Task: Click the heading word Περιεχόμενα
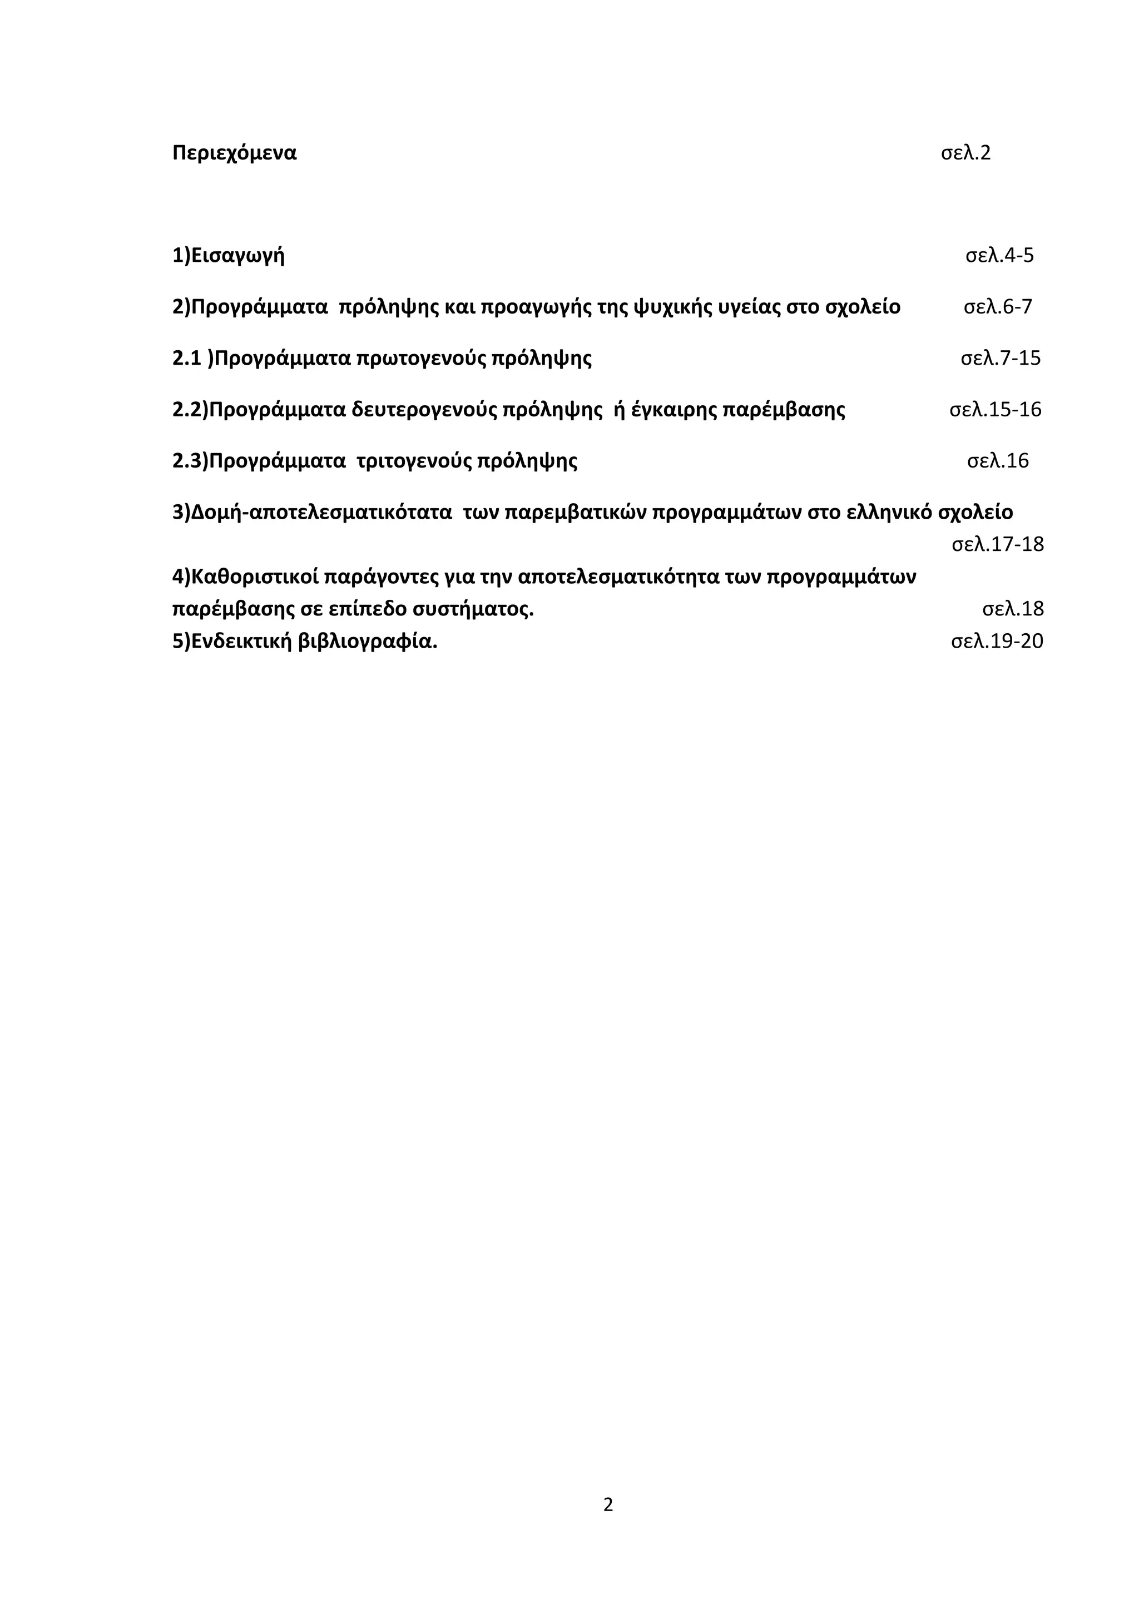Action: [234, 153]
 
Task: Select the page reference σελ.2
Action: [966, 153]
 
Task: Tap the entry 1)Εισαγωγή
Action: [229, 255]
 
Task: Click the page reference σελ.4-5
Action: [999, 255]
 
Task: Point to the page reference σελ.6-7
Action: [997, 307]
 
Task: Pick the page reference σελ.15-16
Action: [995, 410]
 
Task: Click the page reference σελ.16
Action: [997, 461]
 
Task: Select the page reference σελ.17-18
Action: [997, 544]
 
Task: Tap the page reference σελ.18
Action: [1013, 609]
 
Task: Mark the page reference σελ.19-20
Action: [997, 641]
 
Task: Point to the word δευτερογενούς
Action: [424, 410]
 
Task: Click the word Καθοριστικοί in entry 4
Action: [255, 577]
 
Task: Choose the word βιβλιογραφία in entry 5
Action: [368, 641]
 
